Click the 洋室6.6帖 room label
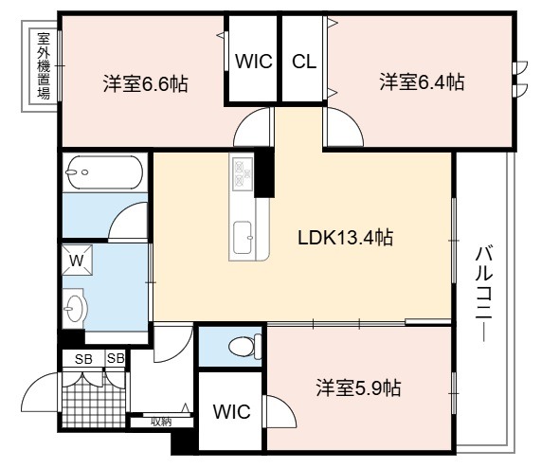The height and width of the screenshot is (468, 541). pyautogui.click(x=145, y=83)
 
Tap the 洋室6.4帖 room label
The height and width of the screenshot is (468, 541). pyautogui.click(x=422, y=82)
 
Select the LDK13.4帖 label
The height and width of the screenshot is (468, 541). pyautogui.click(x=345, y=237)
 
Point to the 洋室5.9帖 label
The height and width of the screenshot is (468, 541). pyautogui.click(x=358, y=388)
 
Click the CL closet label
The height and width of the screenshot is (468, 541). pyautogui.click(x=304, y=62)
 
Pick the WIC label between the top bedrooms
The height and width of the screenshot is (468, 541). pyautogui.click(x=254, y=62)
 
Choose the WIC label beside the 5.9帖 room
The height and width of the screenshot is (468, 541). pyautogui.click(x=231, y=411)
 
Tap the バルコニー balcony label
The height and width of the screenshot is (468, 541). pyautogui.click(x=484, y=293)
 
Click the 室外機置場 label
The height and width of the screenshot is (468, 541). pyautogui.click(x=44, y=66)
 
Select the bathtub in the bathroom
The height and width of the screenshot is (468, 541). pyautogui.click(x=104, y=172)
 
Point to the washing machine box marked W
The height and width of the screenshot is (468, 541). pyautogui.click(x=77, y=260)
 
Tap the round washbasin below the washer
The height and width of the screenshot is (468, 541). pyautogui.click(x=74, y=308)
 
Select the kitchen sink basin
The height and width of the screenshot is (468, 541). pyautogui.click(x=243, y=237)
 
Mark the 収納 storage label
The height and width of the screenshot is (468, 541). pyautogui.click(x=161, y=422)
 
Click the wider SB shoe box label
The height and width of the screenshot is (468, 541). pyautogui.click(x=83, y=359)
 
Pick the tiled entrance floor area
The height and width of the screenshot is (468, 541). pyautogui.click(x=94, y=400)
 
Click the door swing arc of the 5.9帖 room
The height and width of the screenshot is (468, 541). pyautogui.click(x=282, y=411)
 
